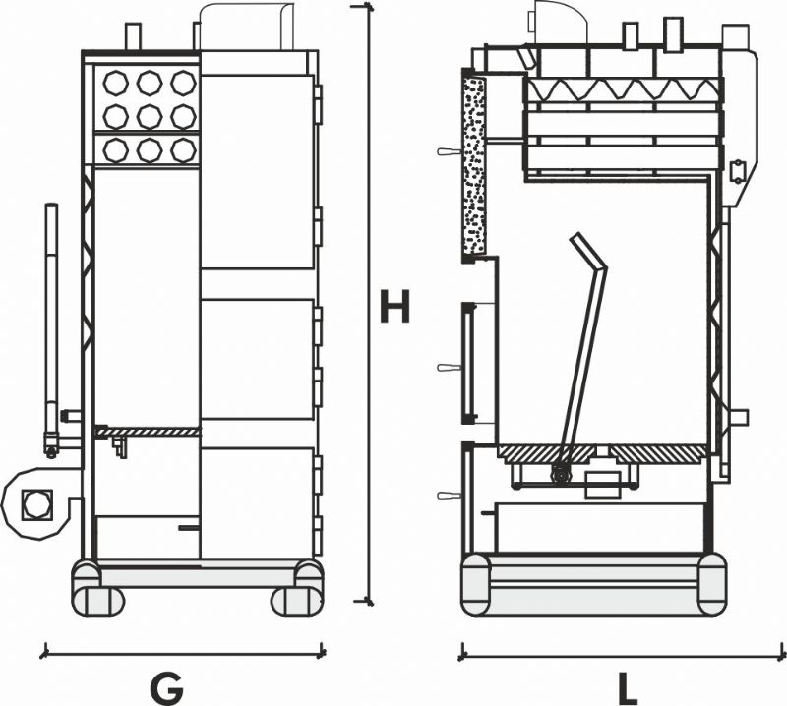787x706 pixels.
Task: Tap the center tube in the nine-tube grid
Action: (x=150, y=117)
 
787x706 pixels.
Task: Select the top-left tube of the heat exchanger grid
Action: (x=116, y=83)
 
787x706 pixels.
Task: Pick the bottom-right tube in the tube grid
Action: (x=183, y=150)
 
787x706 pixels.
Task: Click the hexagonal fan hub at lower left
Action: (x=35, y=504)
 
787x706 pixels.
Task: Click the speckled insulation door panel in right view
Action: (x=474, y=164)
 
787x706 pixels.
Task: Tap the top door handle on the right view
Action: (x=450, y=151)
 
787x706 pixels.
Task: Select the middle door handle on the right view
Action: (x=450, y=368)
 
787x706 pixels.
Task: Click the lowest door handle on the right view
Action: (x=450, y=496)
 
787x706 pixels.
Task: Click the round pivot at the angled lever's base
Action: (x=560, y=474)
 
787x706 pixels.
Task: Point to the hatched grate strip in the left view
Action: (x=147, y=431)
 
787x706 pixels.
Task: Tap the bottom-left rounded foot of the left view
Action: (x=98, y=601)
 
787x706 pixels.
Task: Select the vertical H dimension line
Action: (x=370, y=304)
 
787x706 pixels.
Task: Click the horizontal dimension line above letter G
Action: (x=183, y=653)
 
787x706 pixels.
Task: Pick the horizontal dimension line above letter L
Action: (x=624, y=655)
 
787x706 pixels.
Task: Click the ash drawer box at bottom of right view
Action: (x=600, y=528)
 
